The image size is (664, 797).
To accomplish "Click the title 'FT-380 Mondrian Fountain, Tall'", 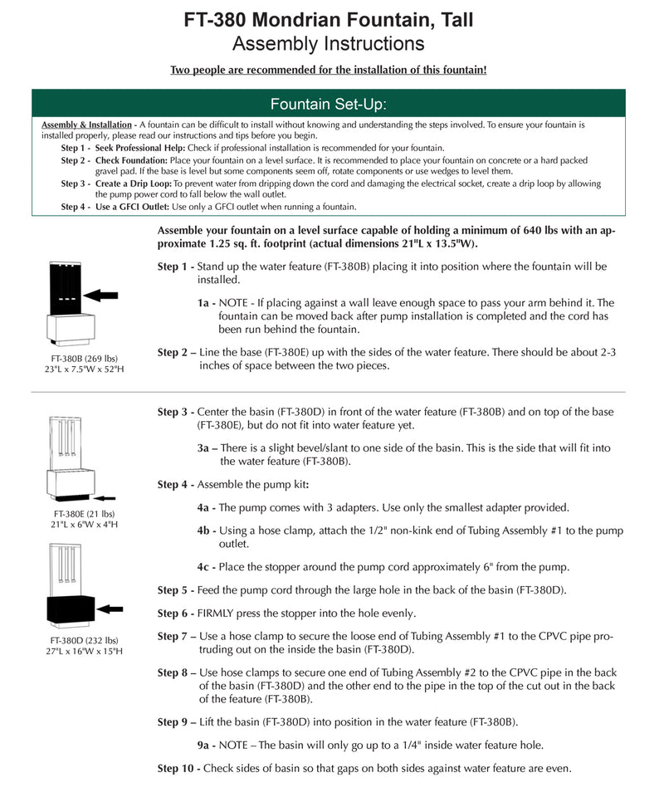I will pos(329,19).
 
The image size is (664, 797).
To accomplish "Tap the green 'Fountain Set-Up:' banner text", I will pos(329,104).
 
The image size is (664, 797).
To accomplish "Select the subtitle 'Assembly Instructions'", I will pos(329,43).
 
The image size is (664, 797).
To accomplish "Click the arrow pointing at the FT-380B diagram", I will pos(101,295).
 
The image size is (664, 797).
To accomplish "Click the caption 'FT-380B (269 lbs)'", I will pos(84,359).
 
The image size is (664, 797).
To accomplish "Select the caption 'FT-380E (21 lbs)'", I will pos(84,514).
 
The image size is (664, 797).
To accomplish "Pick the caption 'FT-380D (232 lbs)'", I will pos(84,640).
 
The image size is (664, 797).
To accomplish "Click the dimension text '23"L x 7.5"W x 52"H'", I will pos(84,370).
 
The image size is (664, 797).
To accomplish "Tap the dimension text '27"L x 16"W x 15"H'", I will pos(84,652).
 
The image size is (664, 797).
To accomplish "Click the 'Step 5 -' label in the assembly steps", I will pos(177,590).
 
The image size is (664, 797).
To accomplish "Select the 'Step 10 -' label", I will pos(179,769).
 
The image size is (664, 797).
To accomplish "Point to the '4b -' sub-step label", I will pos(207,531).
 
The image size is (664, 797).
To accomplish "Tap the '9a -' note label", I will pos(207,746).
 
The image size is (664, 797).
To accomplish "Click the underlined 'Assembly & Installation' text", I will pos(86,125).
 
